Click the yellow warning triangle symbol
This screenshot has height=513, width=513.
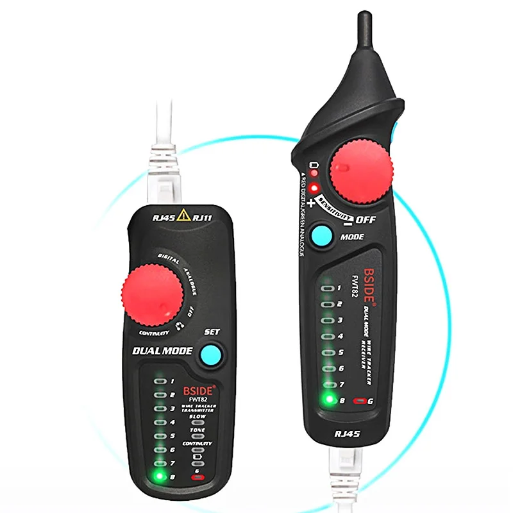(184, 215)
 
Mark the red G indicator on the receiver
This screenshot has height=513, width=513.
(363, 401)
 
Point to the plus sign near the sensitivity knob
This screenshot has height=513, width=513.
(312, 204)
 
